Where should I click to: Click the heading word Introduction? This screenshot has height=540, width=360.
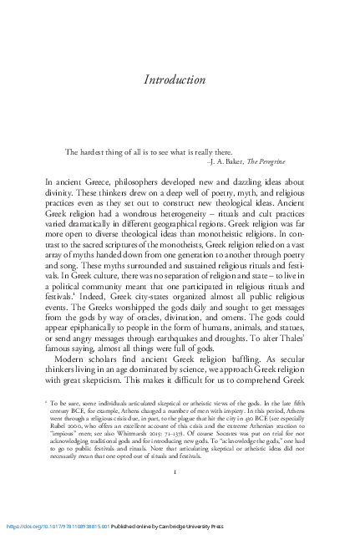coord(175,80)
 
